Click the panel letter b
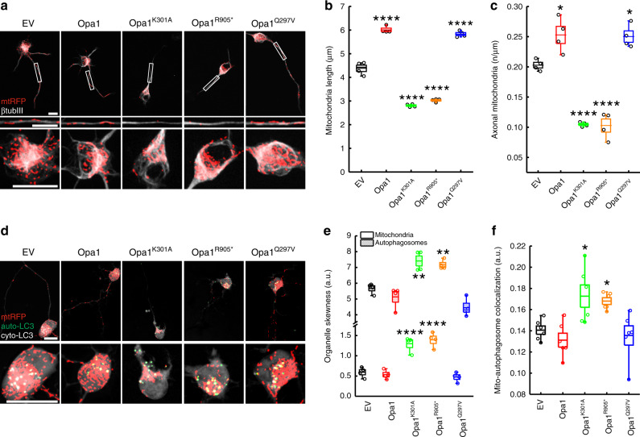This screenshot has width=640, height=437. coord(328,6)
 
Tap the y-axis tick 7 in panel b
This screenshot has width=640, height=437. coord(342,7)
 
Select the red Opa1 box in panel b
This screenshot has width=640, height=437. coord(386,30)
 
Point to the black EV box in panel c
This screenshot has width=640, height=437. coord(539,65)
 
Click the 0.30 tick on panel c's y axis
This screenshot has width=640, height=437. coord(515,7)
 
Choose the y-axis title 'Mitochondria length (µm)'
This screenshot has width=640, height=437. coord(329,90)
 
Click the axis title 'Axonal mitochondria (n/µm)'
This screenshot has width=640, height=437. coord(495,89)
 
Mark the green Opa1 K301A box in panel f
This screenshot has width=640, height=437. coord(584,296)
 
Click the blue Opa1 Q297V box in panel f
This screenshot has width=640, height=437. coord(629,335)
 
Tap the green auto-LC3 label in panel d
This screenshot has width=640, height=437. coord(18,327)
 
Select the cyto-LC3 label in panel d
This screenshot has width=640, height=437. coord(17,335)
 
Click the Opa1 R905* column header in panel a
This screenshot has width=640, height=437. coord(213,23)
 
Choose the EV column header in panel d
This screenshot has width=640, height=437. coord(28,252)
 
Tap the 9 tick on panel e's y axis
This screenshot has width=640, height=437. coord(349,235)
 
